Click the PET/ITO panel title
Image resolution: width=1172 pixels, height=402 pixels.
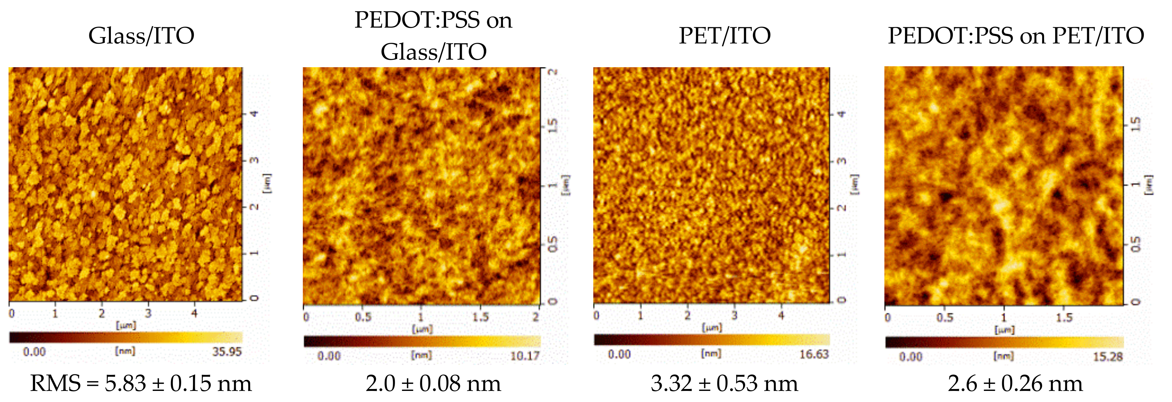pos(724,36)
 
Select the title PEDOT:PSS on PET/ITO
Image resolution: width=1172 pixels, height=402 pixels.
pos(1016,36)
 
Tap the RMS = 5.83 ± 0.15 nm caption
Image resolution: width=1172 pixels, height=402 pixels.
pos(141,383)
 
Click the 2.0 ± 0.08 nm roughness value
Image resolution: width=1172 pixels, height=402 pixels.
pos(433,383)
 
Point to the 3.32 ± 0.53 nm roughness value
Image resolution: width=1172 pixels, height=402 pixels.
pos(724,383)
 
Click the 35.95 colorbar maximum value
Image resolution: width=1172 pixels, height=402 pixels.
pos(226,352)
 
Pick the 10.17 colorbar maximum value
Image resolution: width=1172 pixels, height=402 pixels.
pos(525,356)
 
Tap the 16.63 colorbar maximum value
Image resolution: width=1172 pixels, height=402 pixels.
pos(814,354)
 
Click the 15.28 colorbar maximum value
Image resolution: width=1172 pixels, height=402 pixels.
pos(1108,356)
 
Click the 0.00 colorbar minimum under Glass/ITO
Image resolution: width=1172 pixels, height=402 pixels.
pos(34,352)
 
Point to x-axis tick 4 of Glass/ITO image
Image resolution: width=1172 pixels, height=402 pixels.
pos(194,313)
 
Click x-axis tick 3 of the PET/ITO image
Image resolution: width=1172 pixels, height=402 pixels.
pos(734,315)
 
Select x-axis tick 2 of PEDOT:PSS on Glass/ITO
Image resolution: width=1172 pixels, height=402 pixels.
pos(536,317)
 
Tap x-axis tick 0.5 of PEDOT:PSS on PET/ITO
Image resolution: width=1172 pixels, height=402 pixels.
pos(945,317)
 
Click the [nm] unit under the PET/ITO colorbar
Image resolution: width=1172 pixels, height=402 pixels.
pos(711,353)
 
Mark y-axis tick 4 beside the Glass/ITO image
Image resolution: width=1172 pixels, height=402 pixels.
pos(255,113)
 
